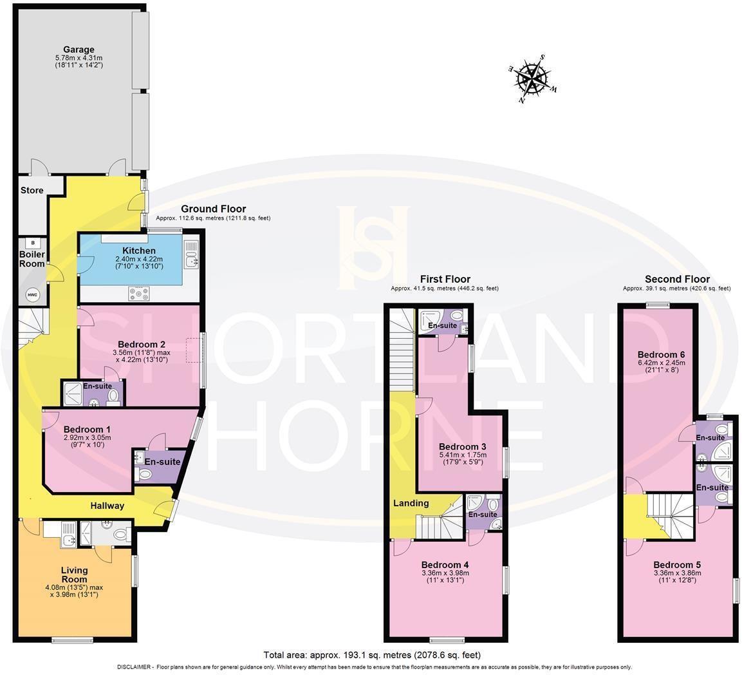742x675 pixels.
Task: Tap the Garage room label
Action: click(x=79, y=50)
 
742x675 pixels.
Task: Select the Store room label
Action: click(x=32, y=190)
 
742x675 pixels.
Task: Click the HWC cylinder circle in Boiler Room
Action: click(x=32, y=294)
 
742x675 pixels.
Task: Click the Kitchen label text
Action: click(x=139, y=251)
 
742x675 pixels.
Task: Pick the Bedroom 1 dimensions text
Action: click(x=87, y=441)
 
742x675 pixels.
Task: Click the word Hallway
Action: click(x=107, y=506)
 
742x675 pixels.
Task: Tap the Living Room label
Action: click(x=75, y=575)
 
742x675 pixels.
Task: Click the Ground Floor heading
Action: click(x=213, y=209)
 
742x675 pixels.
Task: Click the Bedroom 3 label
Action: click(x=462, y=446)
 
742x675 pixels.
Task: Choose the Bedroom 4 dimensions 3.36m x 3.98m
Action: click(x=445, y=573)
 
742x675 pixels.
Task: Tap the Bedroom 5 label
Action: click(x=676, y=564)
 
